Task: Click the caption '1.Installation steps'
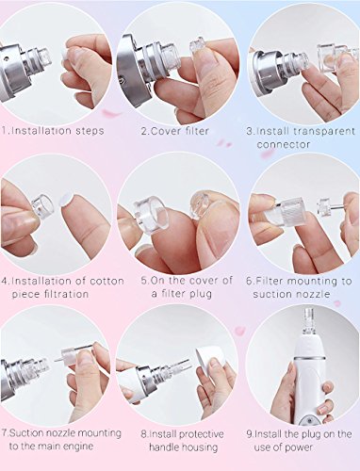[53, 131]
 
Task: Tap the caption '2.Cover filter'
[174, 131]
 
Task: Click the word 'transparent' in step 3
[325, 131]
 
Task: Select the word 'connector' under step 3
[284, 144]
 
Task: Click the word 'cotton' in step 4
[106, 281]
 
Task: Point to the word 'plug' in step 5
[201, 294]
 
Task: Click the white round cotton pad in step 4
[66, 200]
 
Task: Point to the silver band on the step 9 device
[309, 358]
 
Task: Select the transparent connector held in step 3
[333, 57]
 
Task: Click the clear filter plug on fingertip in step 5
[201, 204]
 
